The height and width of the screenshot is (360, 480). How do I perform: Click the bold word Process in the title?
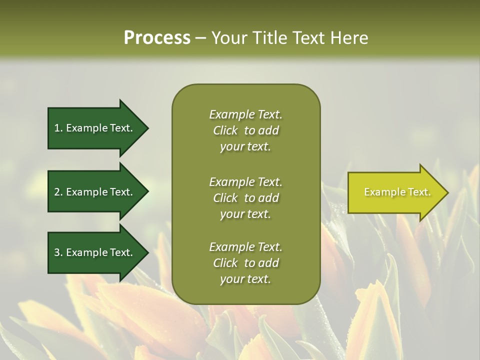[157, 38]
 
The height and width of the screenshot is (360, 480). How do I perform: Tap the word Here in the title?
[349, 38]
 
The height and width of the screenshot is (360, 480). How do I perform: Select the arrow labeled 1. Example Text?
[95, 128]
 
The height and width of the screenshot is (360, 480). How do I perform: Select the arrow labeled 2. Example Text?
[95, 192]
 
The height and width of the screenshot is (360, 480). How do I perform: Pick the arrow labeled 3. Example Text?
[95, 252]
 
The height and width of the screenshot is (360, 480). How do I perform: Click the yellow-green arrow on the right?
[395, 192]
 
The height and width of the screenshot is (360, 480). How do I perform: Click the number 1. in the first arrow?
[58, 128]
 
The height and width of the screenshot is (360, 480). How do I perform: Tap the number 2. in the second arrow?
[58, 192]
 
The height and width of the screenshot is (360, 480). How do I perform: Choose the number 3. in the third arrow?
[58, 252]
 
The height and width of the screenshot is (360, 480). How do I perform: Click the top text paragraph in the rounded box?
[245, 130]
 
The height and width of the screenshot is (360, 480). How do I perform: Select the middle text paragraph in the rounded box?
[245, 197]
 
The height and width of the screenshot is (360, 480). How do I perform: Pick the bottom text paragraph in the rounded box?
[245, 263]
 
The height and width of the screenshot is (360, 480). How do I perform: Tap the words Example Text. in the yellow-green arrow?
[397, 192]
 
